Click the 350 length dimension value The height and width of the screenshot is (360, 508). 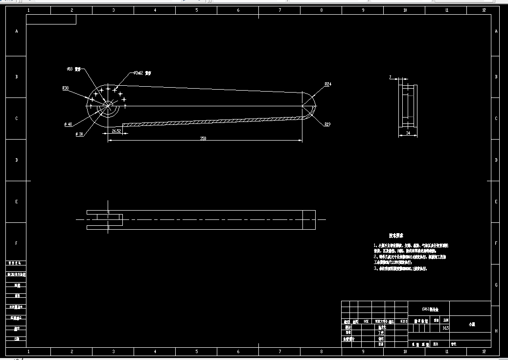click(203, 139)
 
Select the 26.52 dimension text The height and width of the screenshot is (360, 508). click(116, 131)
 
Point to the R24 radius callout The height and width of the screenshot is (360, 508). click(328, 84)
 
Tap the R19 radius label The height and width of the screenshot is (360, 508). click(327, 124)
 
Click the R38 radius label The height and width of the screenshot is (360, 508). click(65, 88)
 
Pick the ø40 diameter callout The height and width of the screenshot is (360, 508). click(68, 124)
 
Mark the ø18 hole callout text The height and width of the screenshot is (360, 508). click(70, 69)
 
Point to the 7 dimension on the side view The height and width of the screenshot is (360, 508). click(391, 77)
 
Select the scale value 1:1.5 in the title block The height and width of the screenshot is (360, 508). click(445, 328)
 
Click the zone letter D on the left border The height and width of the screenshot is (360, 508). click(16, 160)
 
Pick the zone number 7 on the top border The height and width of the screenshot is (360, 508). click(280, 10)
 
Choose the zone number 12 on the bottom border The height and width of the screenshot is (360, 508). click(484, 352)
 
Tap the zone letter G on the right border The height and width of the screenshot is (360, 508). click(496, 285)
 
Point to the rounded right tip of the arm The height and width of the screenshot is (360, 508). click(313, 106)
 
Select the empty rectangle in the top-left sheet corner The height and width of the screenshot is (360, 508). click(51, 20)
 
